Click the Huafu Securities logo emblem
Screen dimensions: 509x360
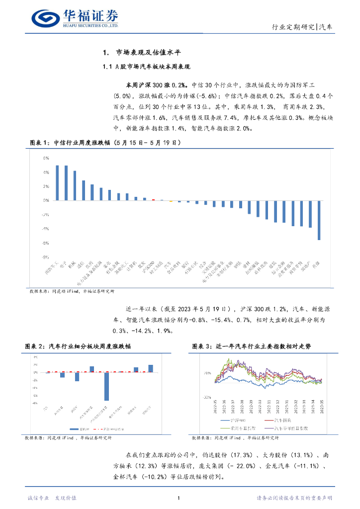(46, 18)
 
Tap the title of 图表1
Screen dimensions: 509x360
(105, 143)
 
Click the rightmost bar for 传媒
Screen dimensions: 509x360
(319, 220)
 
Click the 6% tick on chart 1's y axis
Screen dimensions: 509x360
(46, 159)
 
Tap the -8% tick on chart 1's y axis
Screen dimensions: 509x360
(45, 257)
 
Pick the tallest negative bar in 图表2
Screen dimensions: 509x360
(106, 386)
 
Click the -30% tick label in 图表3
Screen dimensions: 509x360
(205, 398)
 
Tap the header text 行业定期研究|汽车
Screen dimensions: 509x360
(303, 27)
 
